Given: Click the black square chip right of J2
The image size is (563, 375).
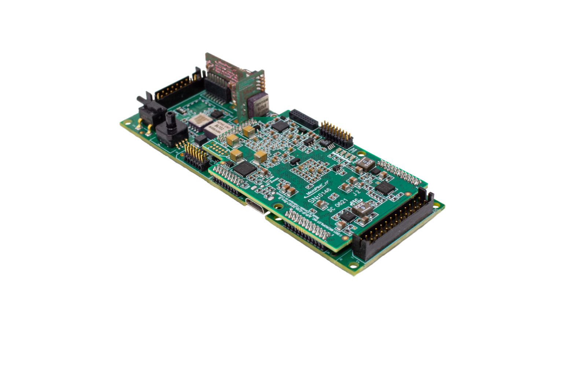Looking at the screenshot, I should click(x=385, y=188).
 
